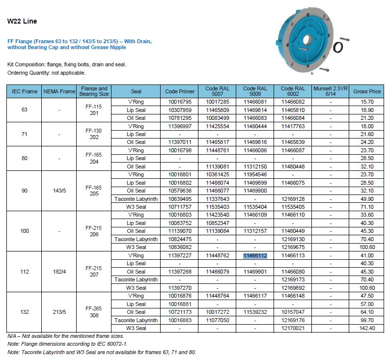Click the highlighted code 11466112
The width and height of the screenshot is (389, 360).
tap(255, 255)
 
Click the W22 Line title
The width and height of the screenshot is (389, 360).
tap(22, 22)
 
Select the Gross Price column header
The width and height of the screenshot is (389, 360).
tap(367, 91)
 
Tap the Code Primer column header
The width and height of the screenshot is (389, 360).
tap(179, 91)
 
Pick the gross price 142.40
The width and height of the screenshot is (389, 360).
tap(367, 328)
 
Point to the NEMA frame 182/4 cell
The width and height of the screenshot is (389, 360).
tap(59, 272)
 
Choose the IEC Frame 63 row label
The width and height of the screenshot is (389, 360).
tap(25, 110)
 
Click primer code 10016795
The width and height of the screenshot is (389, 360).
tap(179, 102)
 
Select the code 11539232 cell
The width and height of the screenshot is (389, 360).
tap(255, 312)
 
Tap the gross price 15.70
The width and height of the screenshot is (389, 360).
tap(367, 102)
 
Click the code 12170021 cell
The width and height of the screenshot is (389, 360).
tap(293, 328)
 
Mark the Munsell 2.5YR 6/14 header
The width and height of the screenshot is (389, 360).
tap(331, 91)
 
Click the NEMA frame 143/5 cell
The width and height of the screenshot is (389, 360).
tap(59, 191)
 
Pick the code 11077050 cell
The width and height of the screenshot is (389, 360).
tap(217, 320)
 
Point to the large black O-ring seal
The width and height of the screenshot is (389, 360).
tap(337, 48)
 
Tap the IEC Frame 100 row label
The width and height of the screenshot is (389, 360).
tap(25, 231)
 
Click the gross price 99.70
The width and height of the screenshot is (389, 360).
tap(367, 320)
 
